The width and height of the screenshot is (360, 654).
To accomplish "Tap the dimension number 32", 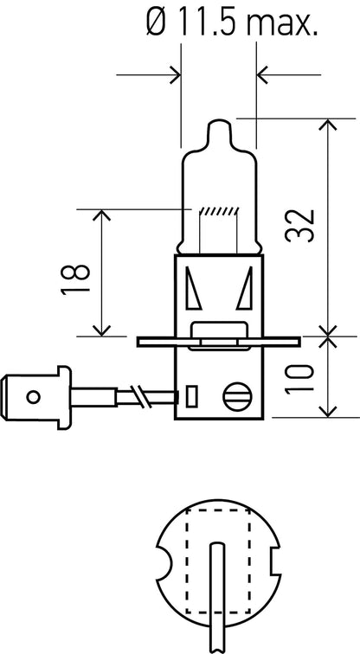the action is [299, 226].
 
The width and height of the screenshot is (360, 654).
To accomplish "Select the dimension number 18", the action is [75, 279].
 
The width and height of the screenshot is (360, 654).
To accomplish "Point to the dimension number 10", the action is [299, 379].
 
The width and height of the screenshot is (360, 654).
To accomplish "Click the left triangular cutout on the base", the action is [193, 288].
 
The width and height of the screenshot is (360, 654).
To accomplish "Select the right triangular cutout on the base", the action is [245, 288].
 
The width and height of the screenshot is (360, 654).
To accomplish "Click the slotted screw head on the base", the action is [237, 396].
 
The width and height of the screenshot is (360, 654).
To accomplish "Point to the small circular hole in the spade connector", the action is [33, 396].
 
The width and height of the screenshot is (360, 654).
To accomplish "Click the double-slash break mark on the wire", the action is [139, 396].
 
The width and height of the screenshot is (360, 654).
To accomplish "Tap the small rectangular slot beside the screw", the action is [191, 396].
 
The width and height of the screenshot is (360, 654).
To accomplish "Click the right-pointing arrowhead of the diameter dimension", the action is [175, 75].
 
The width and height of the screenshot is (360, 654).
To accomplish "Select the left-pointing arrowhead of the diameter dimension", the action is [262, 75].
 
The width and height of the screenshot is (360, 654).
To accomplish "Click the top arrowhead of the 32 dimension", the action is [328, 125].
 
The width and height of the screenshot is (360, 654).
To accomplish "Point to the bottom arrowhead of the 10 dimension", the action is [328, 411].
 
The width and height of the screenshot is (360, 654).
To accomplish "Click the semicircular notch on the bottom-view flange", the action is [164, 561].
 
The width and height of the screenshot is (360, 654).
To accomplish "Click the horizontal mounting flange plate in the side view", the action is [219, 342].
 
